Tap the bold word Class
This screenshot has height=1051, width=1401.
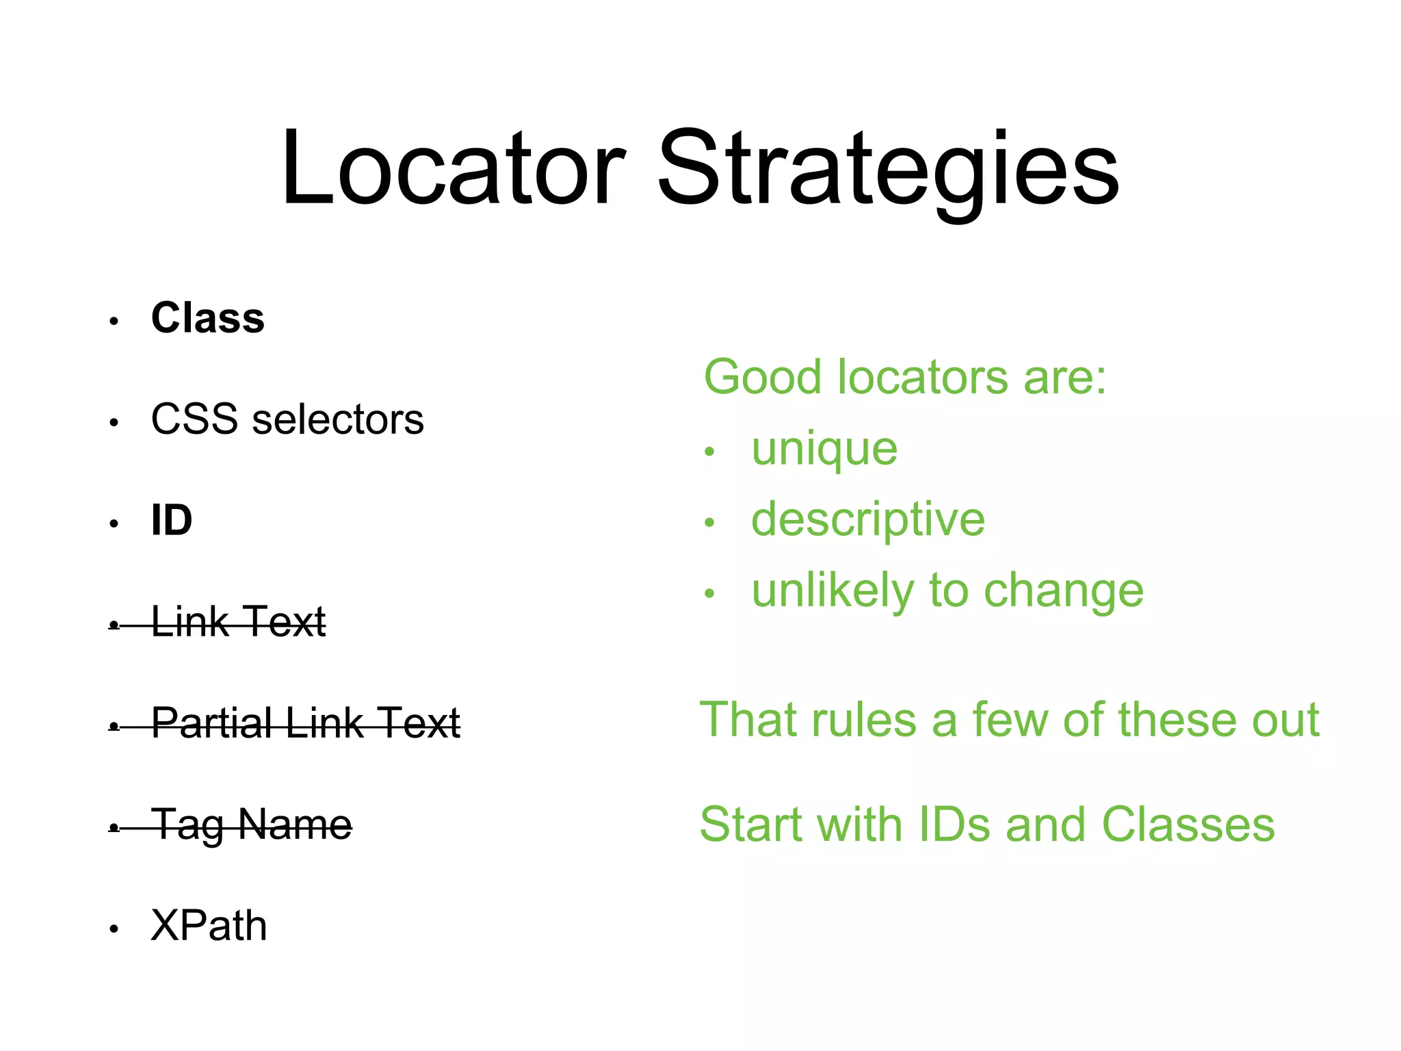tap(208, 318)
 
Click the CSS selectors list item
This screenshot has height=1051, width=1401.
tap(287, 419)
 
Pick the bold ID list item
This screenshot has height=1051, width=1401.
tap(172, 521)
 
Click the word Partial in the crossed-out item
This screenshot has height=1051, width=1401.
tap(211, 723)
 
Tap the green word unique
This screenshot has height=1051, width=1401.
tap(824, 451)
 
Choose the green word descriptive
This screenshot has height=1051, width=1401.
tap(868, 520)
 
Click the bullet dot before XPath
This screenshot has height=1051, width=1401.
tap(114, 929)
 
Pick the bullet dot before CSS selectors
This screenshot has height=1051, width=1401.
tap(114, 423)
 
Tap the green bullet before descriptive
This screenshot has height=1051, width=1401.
tap(709, 523)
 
